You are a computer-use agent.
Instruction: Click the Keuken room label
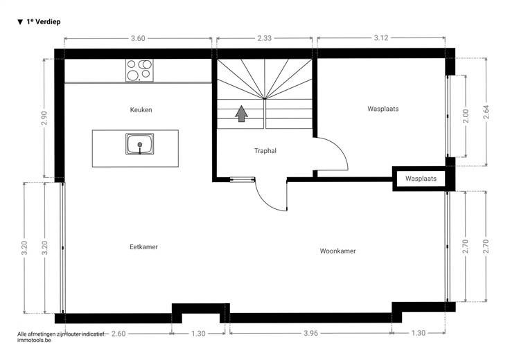pyautogui.click(x=141, y=110)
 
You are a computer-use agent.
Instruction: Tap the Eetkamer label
pyautogui.click(x=143, y=247)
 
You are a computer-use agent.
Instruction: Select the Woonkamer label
pyautogui.click(x=337, y=251)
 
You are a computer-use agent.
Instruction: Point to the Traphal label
pyautogui.click(x=265, y=151)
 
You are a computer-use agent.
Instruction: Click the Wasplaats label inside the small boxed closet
pyautogui.click(x=421, y=179)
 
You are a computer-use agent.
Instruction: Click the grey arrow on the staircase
pyautogui.click(x=241, y=114)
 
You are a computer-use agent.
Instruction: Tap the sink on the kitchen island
pyautogui.click(x=140, y=144)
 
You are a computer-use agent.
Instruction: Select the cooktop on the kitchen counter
pyautogui.click(x=139, y=71)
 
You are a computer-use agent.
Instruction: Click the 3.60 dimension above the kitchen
pyautogui.click(x=138, y=38)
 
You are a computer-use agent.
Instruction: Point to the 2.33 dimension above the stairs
pyautogui.click(x=265, y=38)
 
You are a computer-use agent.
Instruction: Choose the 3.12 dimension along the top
pyautogui.click(x=381, y=37)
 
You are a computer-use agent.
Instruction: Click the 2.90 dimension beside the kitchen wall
pyautogui.click(x=44, y=118)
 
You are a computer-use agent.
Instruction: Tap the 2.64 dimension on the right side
pyautogui.click(x=486, y=112)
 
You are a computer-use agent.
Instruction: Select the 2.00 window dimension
pyautogui.click(x=466, y=116)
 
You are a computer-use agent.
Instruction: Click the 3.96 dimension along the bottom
pyautogui.click(x=310, y=334)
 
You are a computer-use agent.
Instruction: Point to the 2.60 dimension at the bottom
pyautogui.click(x=118, y=334)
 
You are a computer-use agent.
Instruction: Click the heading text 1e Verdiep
pyautogui.click(x=44, y=21)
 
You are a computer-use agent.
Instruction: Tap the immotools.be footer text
pyautogui.click(x=34, y=340)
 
